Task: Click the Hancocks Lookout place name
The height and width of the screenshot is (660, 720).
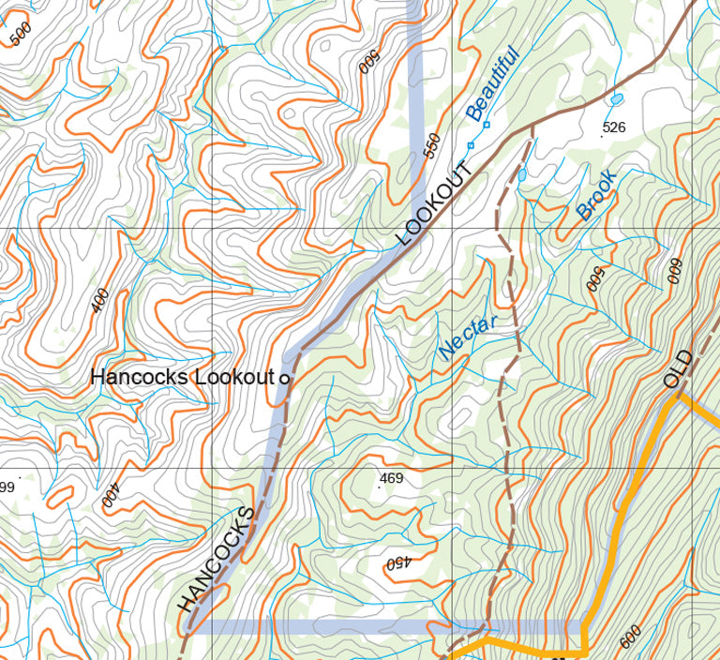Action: pos(181,378)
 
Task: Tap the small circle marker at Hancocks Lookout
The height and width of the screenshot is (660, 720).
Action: pos(284,378)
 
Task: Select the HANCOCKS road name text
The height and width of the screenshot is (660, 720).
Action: pos(217,560)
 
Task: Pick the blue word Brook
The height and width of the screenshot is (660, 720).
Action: pos(597,195)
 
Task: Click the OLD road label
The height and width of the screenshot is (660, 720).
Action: pos(677,368)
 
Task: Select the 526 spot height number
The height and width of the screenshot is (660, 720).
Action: pos(613,127)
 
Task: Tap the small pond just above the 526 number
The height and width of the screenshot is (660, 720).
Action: pos(616,98)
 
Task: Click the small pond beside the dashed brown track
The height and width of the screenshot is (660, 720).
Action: pos(522,174)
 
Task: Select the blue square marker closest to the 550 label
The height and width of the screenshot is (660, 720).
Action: pos(471,144)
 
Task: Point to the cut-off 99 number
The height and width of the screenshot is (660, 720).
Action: pos(7,487)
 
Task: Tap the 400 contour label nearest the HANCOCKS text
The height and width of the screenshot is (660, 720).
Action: pos(111,494)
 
